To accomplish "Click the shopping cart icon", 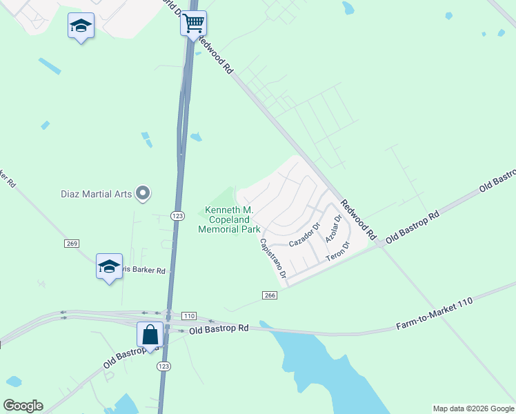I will click(x=193, y=23).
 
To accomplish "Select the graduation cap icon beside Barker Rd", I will click(x=109, y=266).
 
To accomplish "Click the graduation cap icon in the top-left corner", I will click(x=81, y=27).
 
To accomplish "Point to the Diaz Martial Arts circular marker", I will click(x=143, y=193).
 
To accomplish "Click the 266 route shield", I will click(x=270, y=295).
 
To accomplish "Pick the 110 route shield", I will click(x=189, y=315).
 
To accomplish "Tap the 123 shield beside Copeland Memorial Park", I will click(x=177, y=216).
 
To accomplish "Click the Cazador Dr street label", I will click(x=305, y=235).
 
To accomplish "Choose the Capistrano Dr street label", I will click(x=273, y=259).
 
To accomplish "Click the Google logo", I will click(x=23, y=406).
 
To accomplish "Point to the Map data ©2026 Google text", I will click(x=473, y=408).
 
